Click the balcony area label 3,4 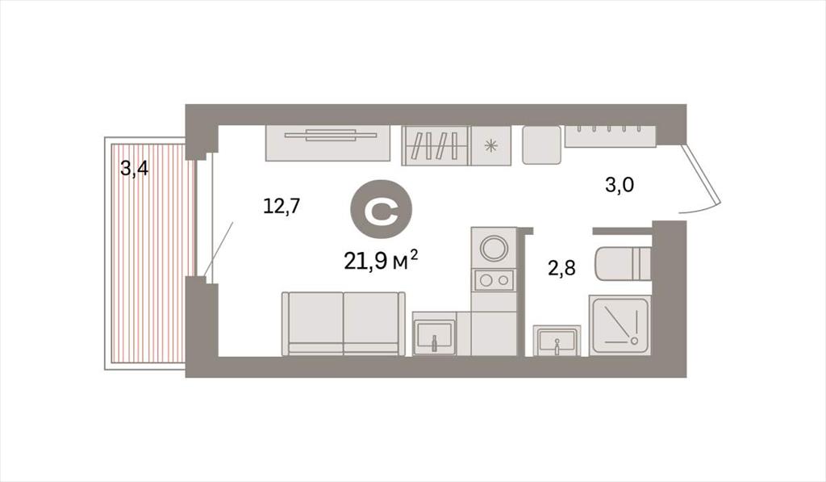click(135, 170)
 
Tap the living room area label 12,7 click(282, 206)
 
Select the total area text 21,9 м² click(382, 261)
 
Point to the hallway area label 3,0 click(619, 185)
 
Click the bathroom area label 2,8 click(561, 268)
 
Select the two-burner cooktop click(494, 279)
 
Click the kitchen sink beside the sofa click(435, 333)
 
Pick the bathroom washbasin click(557, 341)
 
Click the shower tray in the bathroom click(620, 325)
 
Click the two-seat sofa click(344, 324)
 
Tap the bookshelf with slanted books click(436, 145)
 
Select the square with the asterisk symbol click(491, 145)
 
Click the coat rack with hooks click(611, 136)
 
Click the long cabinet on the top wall click(328, 143)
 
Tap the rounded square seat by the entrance click(541, 145)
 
